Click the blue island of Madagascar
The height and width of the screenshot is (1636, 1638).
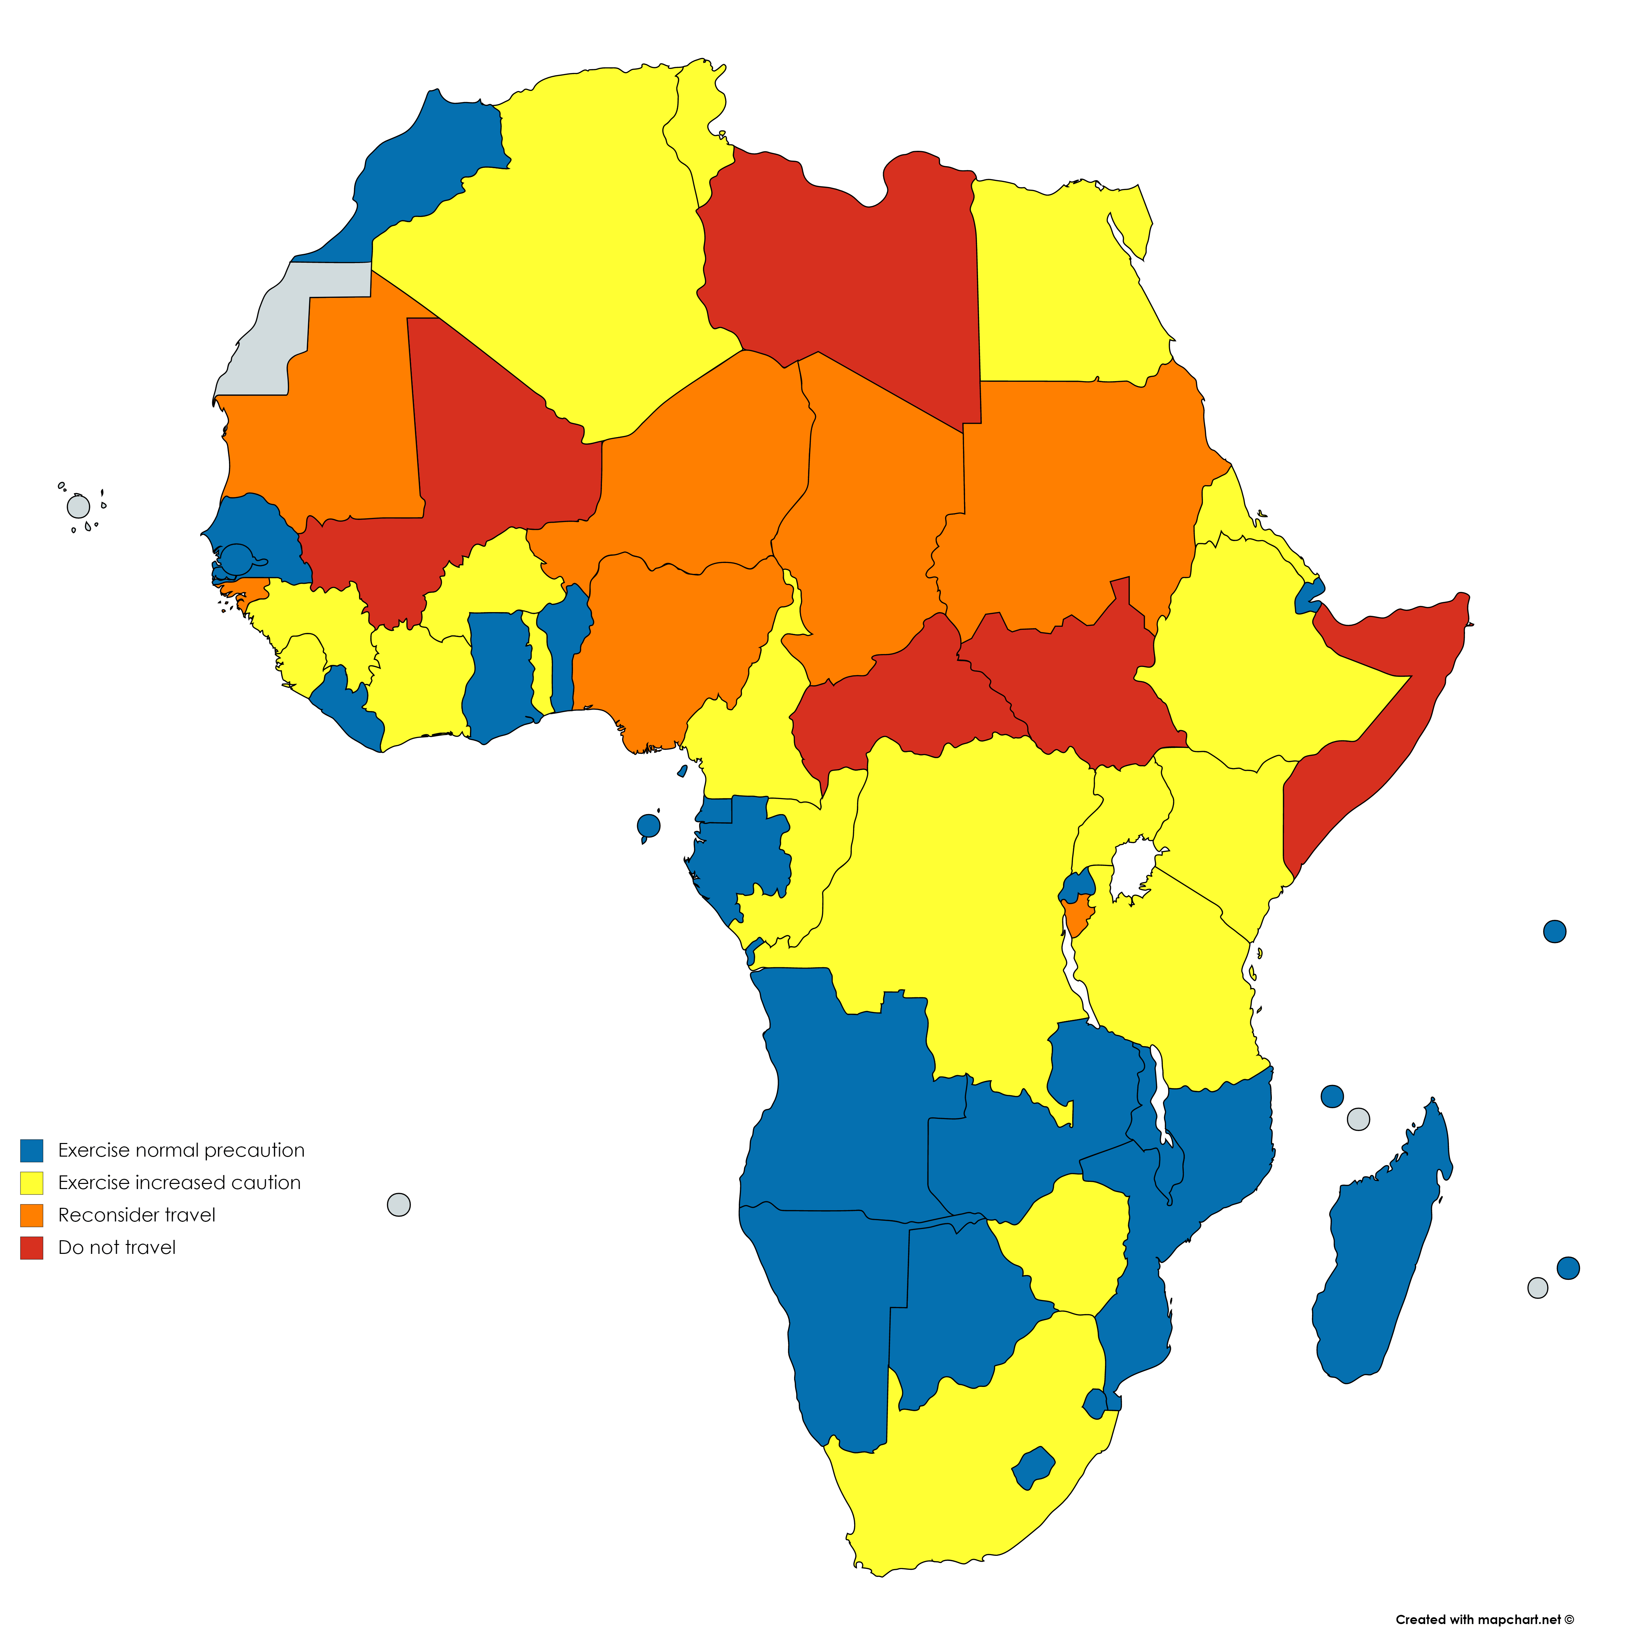(x=1382, y=1246)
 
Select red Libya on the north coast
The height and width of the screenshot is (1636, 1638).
(x=839, y=271)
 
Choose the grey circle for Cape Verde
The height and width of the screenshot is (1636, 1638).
(x=78, y=507)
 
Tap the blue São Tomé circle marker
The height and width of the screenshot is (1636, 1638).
(x=648, y=825)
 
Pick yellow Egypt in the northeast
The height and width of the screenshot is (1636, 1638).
(x=1060, y=280)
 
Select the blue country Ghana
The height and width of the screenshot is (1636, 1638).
(x=500, y=670)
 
